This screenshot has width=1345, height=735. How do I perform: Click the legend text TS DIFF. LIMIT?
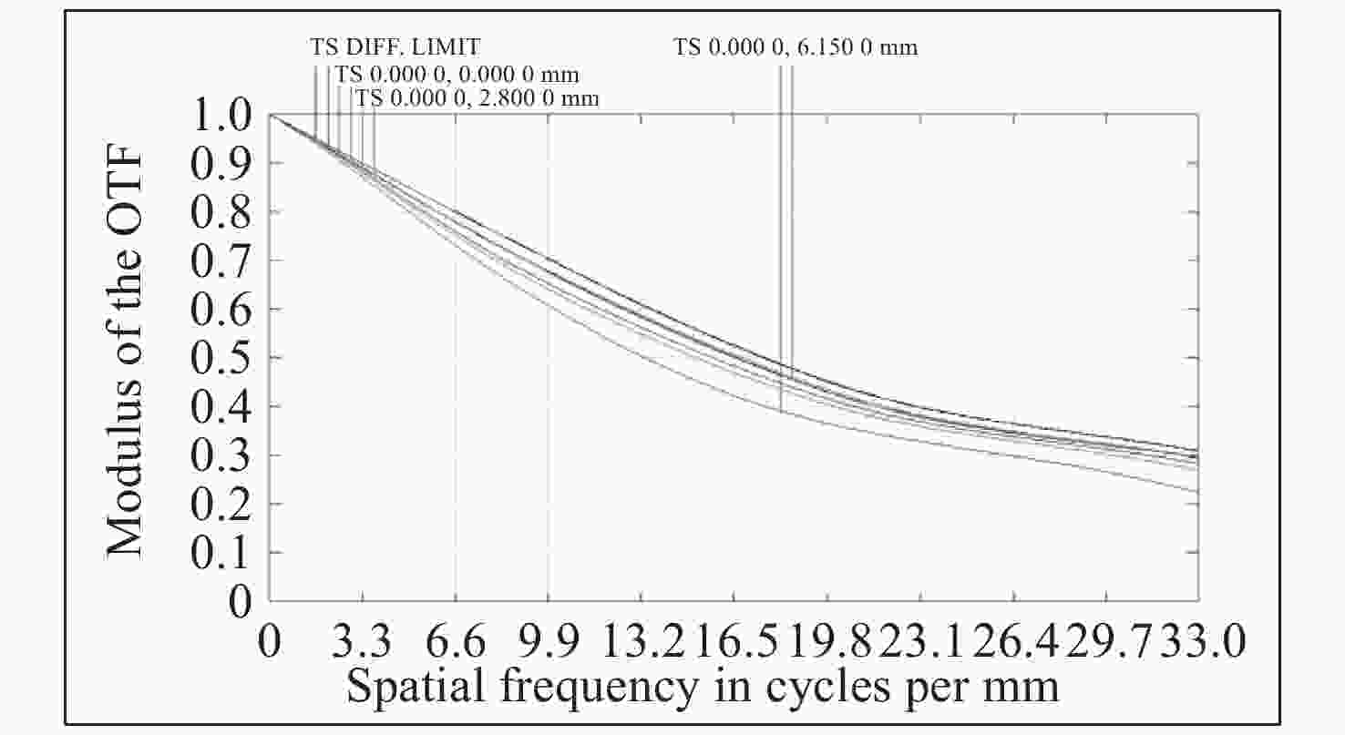(x=395, y=46)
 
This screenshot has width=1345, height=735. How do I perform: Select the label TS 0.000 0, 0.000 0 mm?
(x=457, y=73)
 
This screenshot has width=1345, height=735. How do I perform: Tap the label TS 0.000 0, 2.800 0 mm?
(x=477, y=97)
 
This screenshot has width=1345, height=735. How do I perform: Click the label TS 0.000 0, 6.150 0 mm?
(x=796, y=46)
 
